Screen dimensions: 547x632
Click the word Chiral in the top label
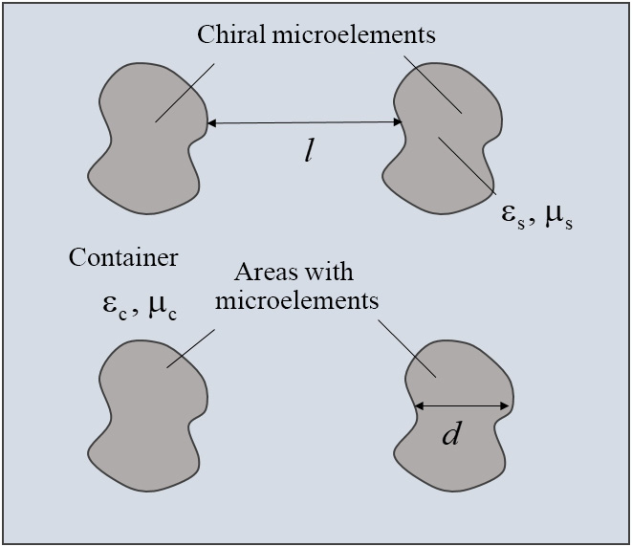point(230,35)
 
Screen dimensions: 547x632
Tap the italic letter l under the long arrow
point(309,153)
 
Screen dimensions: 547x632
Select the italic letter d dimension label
point(452,435)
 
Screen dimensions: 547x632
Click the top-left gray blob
point(143,143)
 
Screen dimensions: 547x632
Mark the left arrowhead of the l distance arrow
point(212,122)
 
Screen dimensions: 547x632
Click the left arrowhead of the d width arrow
point(418,405)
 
